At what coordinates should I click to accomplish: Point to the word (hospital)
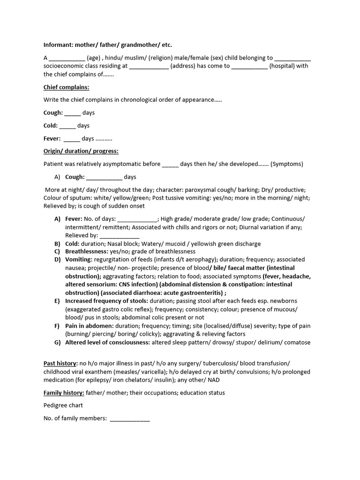[x=285, y=66]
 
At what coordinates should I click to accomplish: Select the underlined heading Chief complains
[x=66, y=87]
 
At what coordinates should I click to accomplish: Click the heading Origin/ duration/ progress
[x=81, y=151]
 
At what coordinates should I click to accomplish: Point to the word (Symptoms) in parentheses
[x=287, y=164]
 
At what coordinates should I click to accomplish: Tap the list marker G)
[x=57, y=342]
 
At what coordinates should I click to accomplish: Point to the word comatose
[x=295, y=342]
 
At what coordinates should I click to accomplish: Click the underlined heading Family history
[x=64, y=393]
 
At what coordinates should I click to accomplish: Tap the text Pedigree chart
[x=63, y=405]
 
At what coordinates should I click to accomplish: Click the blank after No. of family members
[x=130, y=419]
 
